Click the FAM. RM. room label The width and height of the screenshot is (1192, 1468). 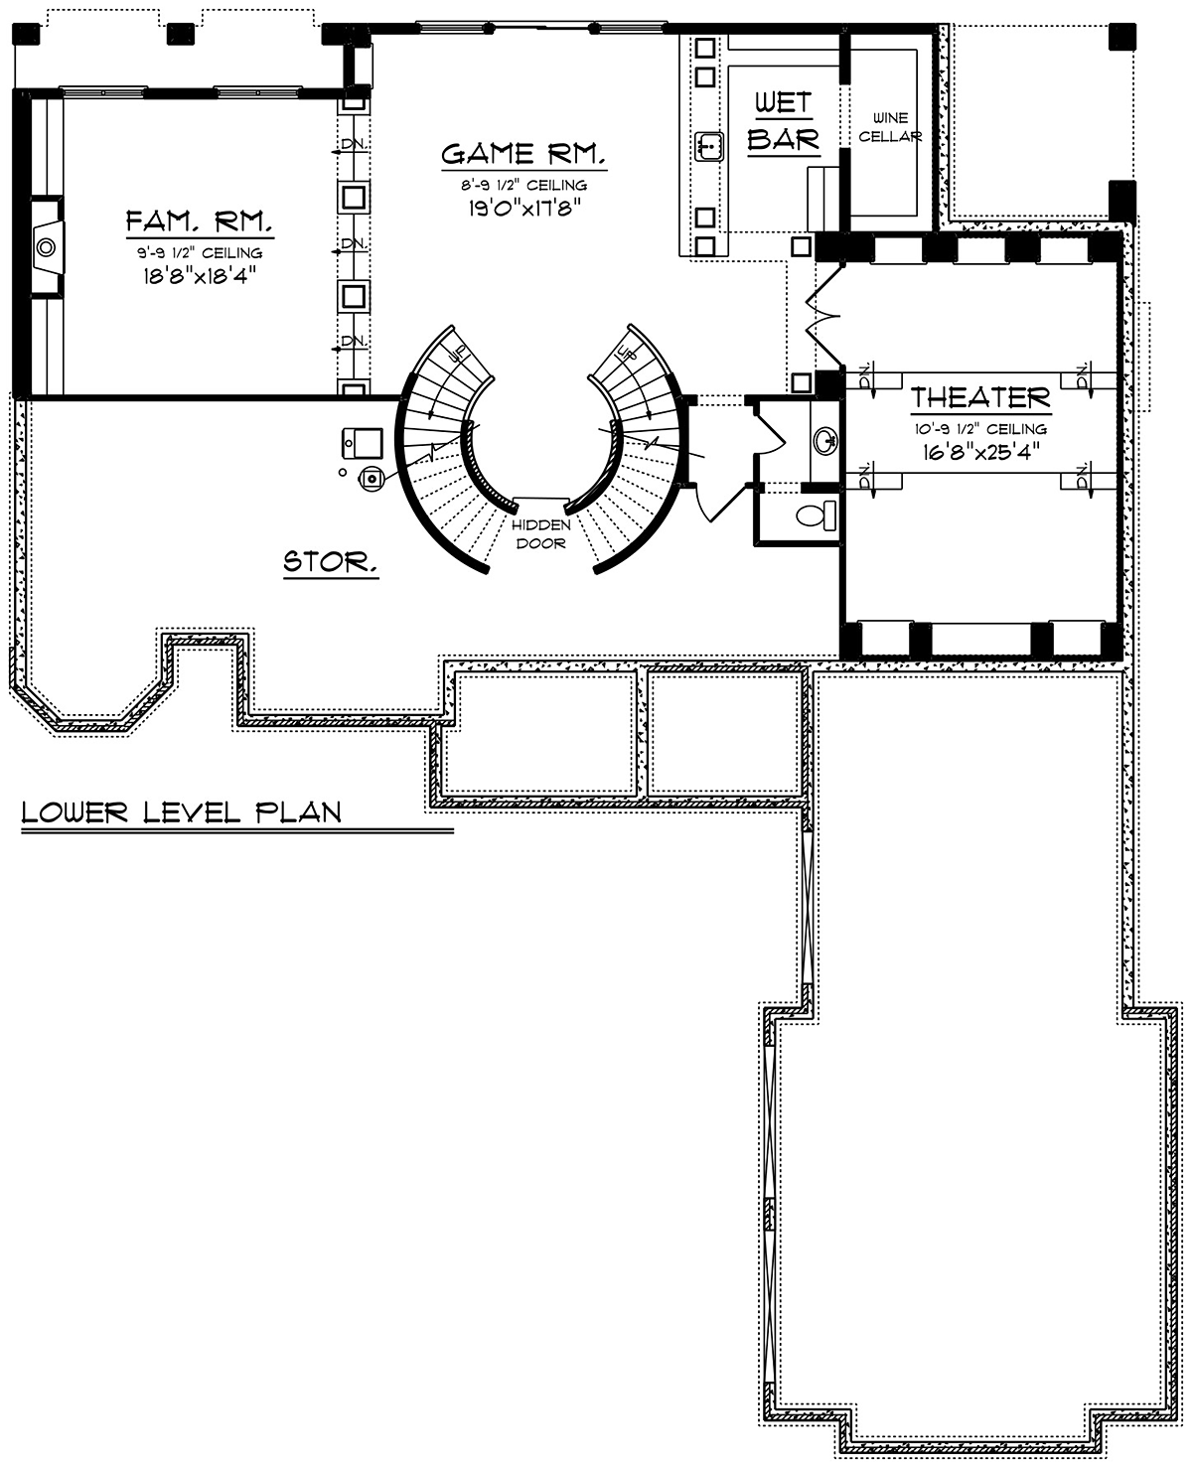pyautogui.click(x=199, y=221)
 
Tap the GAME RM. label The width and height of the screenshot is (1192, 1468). pyautogui.click(x=523, y=154)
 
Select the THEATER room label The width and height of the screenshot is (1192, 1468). pyautogui.click(x=980, y=398)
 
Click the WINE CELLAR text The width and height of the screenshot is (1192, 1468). pyautogui.click(x=890, y=127)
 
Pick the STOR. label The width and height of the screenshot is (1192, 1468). pyautogui.click(x=331, y=562)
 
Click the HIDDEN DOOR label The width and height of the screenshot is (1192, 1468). pyautogui.click(x=541, y=534)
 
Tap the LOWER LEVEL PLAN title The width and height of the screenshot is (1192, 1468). pyautogui.click(x=182, y=813)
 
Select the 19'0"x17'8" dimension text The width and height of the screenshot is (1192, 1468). pyautogui.click(x=524, y=208)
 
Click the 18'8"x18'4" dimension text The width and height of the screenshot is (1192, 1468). pyautogui.click(x=200, y=276)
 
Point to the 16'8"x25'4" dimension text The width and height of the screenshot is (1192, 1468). pyautogui.click(x=981, y=452)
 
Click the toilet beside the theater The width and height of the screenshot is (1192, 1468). pyautogui.click(x=816, y=515)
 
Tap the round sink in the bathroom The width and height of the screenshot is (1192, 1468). pyautogui.click(x=824, y=438)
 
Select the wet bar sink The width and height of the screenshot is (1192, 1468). pyautogui.click(x=709, y=146)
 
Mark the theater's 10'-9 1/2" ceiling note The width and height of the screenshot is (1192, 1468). pyautogui.click(x=980, y=429)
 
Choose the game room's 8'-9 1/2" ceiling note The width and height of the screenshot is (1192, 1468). pyautogui.click(x=523, y=185)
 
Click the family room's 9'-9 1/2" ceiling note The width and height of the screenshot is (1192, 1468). pyautogui.click(x=200, y=253)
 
